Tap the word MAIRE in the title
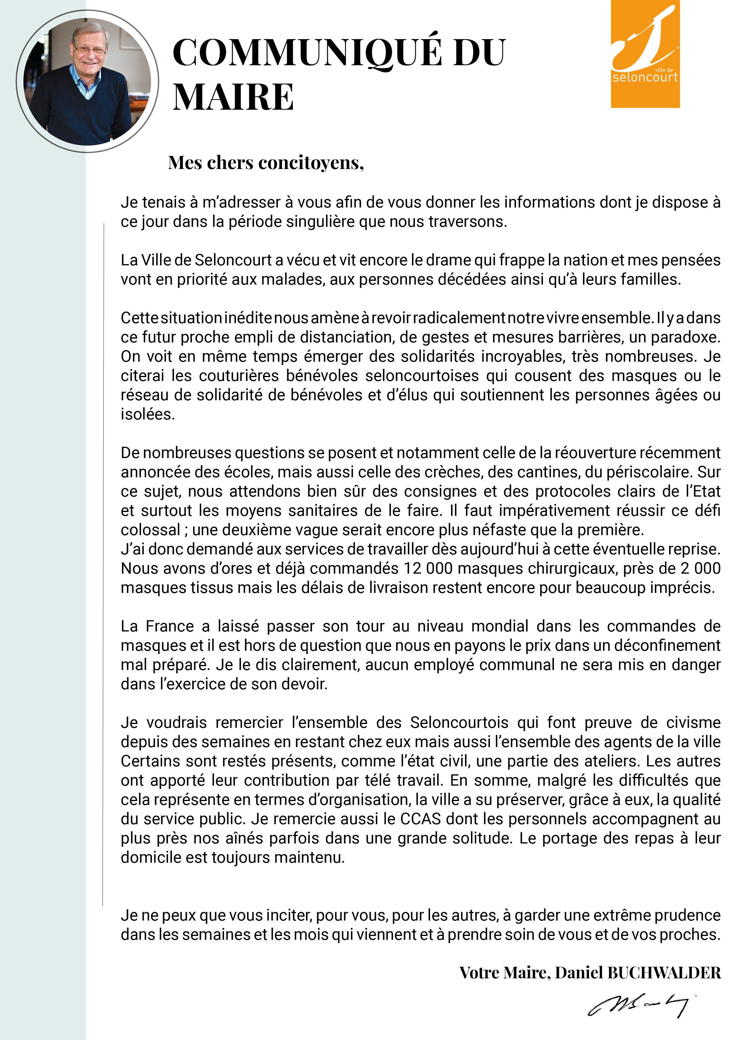coord(233,97)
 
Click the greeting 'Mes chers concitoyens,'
coord(266,163)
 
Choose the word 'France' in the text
coord(170,626)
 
